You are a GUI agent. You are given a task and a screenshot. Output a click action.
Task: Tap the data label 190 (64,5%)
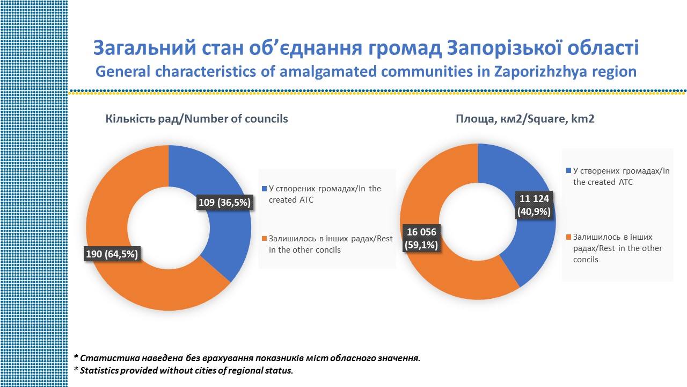112,254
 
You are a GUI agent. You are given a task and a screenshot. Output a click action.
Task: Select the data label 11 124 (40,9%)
534,205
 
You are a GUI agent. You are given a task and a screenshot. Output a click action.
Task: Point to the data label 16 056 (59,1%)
422,238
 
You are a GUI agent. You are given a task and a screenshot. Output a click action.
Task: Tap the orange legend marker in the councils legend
264,239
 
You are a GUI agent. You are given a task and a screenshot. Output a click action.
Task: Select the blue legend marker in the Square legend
568,171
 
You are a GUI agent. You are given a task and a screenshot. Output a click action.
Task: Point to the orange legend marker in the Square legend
568,237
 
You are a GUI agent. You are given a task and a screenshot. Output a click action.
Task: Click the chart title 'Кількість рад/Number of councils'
196,119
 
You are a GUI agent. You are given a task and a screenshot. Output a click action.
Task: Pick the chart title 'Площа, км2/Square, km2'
525,119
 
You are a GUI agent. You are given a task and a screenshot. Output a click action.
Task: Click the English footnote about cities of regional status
184,371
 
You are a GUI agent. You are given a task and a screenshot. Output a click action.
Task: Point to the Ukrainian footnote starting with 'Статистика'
247,358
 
